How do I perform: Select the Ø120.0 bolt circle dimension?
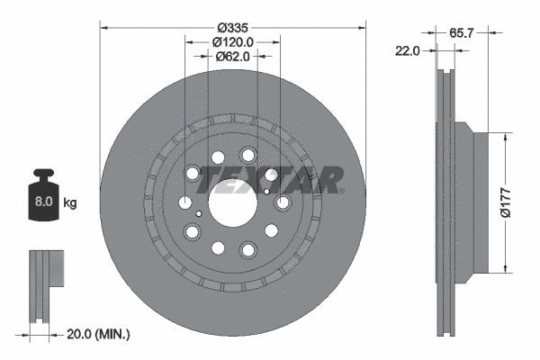[x=233, y=40]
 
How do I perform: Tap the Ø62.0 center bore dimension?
[x=233, y=58]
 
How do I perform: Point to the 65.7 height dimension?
[x=462, y=32]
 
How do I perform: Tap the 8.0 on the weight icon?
[x=42, y=203]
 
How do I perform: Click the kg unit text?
[x=69, y=203]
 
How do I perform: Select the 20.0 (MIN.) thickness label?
[x=99, y=334]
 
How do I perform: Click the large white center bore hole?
[x=233, y=202]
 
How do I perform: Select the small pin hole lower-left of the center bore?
[x=199, y=213]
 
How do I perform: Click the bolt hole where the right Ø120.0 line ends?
[x=281, y=202]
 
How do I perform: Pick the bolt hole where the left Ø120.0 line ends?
[x=185, y=202]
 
